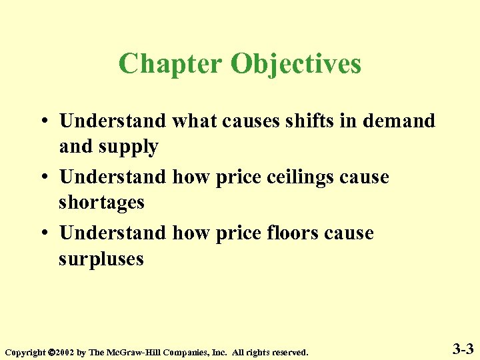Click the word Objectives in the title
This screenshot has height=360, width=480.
(x=296, y=65)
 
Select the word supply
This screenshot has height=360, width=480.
(x=125, y=147)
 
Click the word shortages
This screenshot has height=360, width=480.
(x=101, y=202)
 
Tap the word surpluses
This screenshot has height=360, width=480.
(x=101, y=259)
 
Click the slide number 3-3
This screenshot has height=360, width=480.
(x=463, y=348)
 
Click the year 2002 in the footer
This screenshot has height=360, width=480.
(x=65, y=351)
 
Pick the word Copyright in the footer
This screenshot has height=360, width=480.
(x=26, y=351)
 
